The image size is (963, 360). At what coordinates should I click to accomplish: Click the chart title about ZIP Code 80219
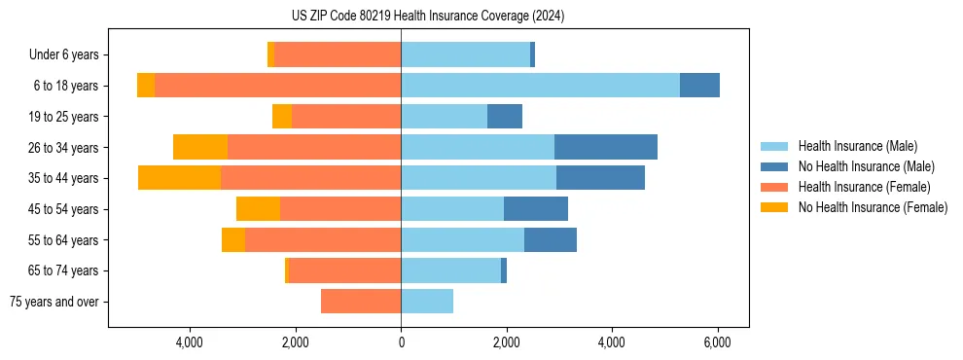(x=427, y=16)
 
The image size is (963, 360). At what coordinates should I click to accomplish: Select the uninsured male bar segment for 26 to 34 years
(x=605, y=147)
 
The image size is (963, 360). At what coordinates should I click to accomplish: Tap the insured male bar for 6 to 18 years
(x=540, y=86)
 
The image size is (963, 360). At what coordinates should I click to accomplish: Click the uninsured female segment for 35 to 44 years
(x=179, y=178)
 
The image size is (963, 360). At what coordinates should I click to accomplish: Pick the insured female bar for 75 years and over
(x=360, y=302)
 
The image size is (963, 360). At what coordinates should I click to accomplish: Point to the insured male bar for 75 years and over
(x=427, y=302)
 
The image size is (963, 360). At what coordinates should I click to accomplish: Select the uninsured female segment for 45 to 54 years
(x=258, y=209)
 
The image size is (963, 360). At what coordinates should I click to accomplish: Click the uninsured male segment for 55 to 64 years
(x=551, y=239)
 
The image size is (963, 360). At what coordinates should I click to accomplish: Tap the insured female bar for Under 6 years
(x=337, y=54)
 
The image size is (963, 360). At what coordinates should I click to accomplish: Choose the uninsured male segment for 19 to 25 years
(x=505, y=117)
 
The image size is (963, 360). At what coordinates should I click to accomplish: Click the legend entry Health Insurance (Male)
(x=857, y=146)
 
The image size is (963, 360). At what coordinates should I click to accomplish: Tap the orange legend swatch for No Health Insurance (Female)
(x=774, y=207)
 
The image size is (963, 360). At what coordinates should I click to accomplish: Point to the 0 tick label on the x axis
(x=401, y=342)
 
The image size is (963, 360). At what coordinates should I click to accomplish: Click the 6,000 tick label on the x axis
(x=717, y=342)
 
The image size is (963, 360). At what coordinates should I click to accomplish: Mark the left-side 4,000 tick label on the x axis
(x=189, y=342)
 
